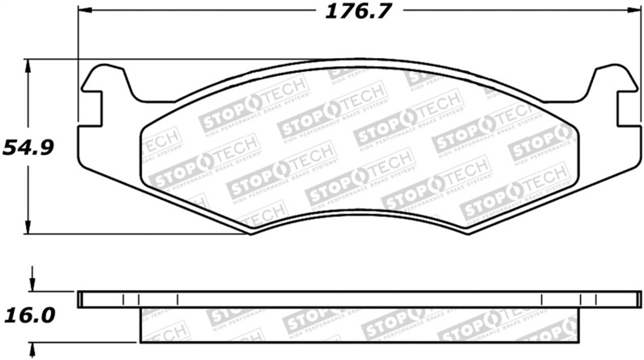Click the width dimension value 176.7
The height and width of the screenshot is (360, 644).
pos(358,11)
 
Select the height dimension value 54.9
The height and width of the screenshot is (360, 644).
pos(28,148)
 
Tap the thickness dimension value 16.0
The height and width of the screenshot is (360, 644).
pos(29,316)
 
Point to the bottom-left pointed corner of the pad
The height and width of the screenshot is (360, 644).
pos(251,233)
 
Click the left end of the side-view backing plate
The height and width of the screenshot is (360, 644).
pos(79,299)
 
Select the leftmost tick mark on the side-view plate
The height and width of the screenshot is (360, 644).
pos(123,300)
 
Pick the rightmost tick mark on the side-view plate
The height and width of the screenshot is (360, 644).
pos(596,300)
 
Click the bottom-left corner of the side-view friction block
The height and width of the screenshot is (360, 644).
pos(140,342)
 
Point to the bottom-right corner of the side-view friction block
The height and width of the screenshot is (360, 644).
pos(579,342)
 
